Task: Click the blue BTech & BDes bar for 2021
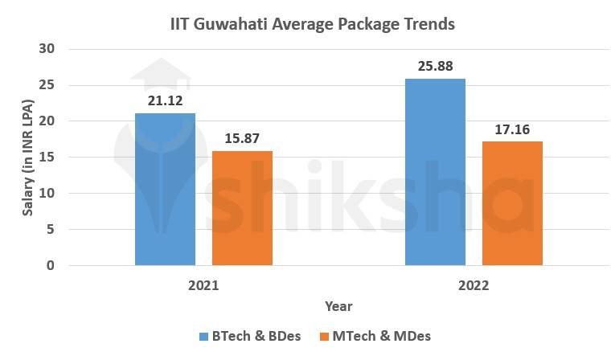165,189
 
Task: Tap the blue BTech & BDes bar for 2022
435,172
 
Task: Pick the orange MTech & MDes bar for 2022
512,203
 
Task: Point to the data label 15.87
242,138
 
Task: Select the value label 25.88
435,66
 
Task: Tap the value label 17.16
512,129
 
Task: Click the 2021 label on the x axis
203,285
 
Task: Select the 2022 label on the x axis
474,285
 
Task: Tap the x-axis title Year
338,306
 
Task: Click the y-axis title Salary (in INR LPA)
27,157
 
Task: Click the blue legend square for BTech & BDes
203,336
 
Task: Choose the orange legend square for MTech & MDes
325,336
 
